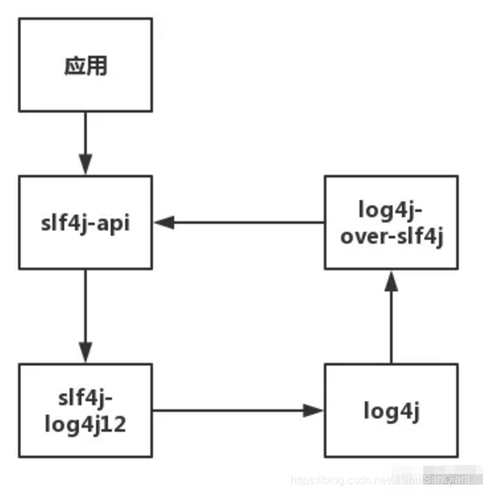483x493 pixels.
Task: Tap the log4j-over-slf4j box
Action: pyautogui.click(x=391, y=222)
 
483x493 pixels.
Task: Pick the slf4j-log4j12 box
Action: pyautogui.click(x=85, y=410)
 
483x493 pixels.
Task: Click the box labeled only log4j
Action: pyautogui.click(x=391, y=410)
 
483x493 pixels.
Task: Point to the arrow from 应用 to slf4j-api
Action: pyautogui.click(x=85, y=140)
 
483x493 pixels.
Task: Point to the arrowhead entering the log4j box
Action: pyautogui.click(x=313, y=410)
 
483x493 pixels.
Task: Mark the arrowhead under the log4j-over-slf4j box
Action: pyautogui.click(x=391, y=280)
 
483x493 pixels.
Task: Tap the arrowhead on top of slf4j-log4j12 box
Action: pyautogui.click(x=85, y=352)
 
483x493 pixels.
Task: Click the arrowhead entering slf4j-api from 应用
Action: pyautogui.click(x=85, y=165)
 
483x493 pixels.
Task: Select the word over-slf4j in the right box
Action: pyautogui.click(x=391, y=237)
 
